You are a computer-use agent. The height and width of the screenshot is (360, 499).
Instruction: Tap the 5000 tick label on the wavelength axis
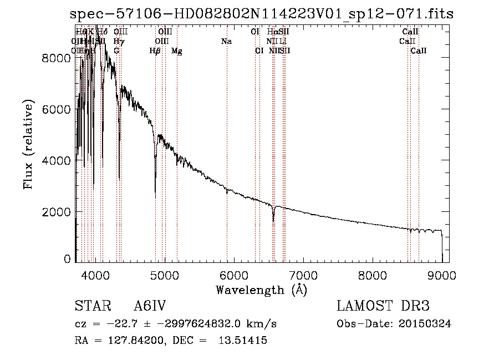pos(164,274)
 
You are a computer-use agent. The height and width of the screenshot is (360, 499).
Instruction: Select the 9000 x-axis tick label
pos(442,274)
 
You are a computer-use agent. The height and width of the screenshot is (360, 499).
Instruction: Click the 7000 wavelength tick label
pos(303,274)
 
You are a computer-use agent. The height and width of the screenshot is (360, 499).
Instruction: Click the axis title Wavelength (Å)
pos(261,290)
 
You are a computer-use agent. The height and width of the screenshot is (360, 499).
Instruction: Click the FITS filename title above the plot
pos(262,14)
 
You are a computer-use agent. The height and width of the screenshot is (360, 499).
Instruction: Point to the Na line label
pos(226,42)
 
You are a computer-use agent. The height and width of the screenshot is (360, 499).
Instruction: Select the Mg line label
pos(177,51)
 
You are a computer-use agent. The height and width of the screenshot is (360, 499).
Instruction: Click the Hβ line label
pos(155,51)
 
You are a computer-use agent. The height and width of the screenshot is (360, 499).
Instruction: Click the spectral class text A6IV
pos(150,306)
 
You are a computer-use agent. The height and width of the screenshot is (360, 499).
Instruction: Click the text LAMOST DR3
pos(383,306)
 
